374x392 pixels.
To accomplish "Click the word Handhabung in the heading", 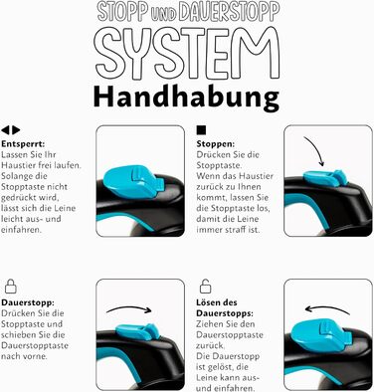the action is click(186, 98).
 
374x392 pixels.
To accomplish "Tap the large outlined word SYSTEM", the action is click(188, 53).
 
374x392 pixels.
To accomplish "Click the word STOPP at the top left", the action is click(122, 13).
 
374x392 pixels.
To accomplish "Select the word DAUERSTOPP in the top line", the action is click(229, 13).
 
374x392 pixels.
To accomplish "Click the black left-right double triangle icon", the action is click(10, 130).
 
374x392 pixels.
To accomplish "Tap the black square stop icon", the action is click(201, 130).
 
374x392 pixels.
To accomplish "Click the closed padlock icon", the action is click(11, 287).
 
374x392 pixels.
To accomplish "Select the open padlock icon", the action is click(205, 286).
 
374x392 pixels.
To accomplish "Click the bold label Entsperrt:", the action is click(23, 144).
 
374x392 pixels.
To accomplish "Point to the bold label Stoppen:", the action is click(216, 144).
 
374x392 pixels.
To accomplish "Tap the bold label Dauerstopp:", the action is click(28, 303).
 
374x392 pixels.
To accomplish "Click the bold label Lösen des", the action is click(217, 302).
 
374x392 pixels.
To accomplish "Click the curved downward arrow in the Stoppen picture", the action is click(316, 149).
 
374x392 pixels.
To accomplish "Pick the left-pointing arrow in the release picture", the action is click(327, 308).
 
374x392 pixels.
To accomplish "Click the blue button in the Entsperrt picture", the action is click(132, 182).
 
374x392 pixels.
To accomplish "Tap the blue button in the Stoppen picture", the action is click(325, 177).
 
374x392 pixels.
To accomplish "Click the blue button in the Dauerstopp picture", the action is click(137, 331).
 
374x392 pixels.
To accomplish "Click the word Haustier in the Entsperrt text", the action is click(15, 165).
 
